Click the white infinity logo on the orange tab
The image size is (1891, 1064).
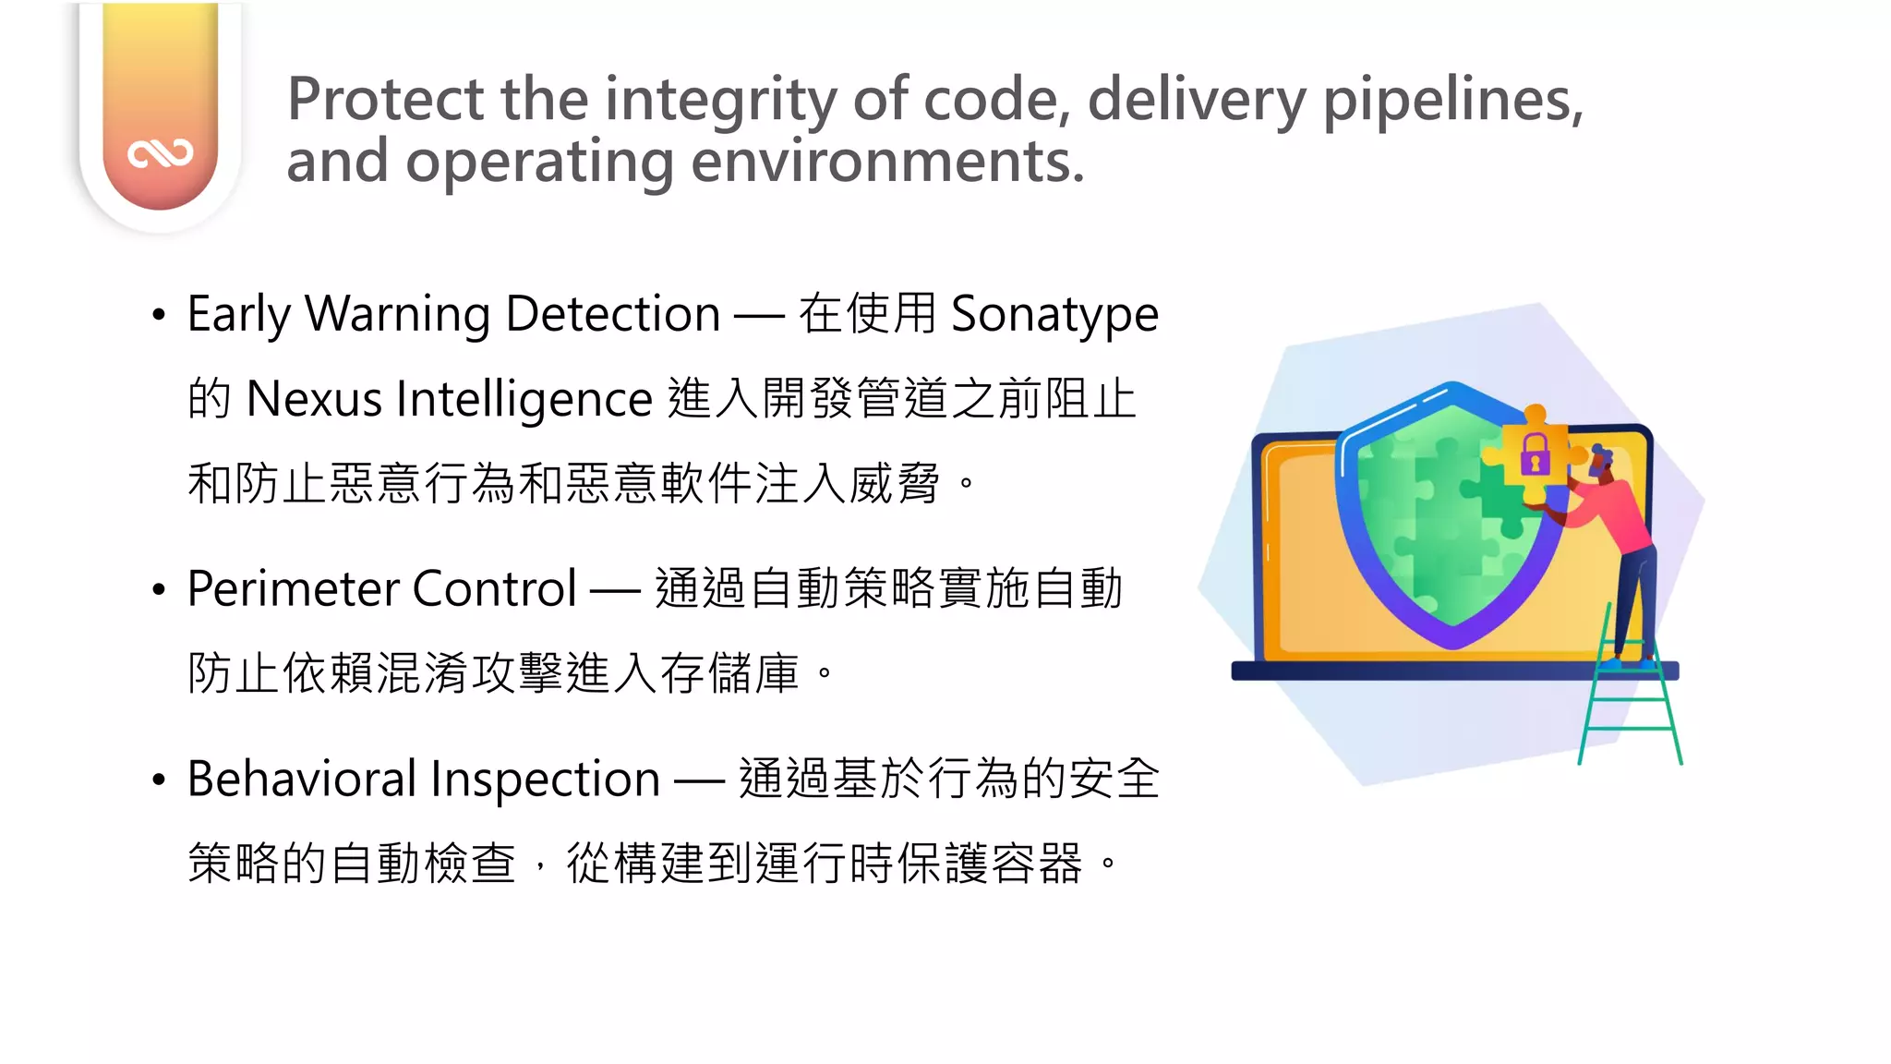[x=161, y=153]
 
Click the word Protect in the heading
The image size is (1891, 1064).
[x=385, y=99]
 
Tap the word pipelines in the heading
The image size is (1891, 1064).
[x=1452, y=99]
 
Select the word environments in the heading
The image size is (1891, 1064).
[x=887, y=161]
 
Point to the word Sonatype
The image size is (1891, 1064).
[x=1054, y=314]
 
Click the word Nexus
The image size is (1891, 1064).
[x=314, y=399]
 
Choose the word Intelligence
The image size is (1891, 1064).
[x=524, y=399]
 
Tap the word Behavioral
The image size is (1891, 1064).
[x=302, y=779]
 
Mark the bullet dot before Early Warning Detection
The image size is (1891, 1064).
[x=159, y=315]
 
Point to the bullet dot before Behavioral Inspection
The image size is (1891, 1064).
[x=159, y=780]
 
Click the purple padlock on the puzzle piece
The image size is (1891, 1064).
[x=1534, y=453]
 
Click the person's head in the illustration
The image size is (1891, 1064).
[x=1600, y=459]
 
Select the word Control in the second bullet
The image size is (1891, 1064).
[x=495, y=588]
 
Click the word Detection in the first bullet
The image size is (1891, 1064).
[x=613, y=314]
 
